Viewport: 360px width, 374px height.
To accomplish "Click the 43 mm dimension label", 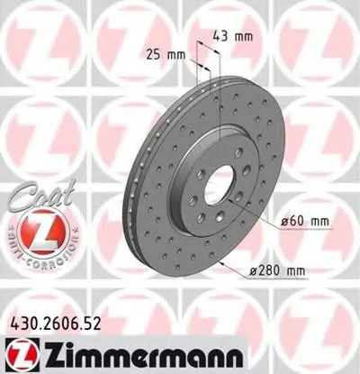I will [x=232, y=36].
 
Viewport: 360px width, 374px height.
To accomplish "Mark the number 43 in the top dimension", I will [x=221, y=36].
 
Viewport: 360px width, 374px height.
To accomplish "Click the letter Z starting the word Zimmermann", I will [x=42, y=352].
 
